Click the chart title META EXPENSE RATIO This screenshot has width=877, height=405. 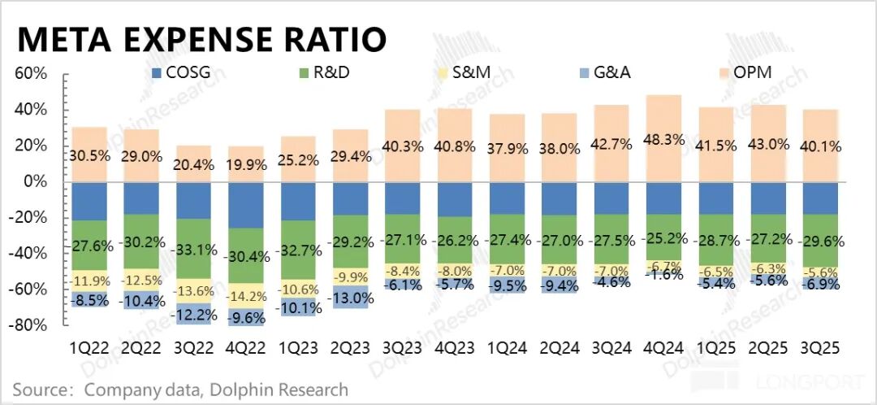tap(201, 38)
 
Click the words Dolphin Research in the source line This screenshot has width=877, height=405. tap(278, 390)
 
